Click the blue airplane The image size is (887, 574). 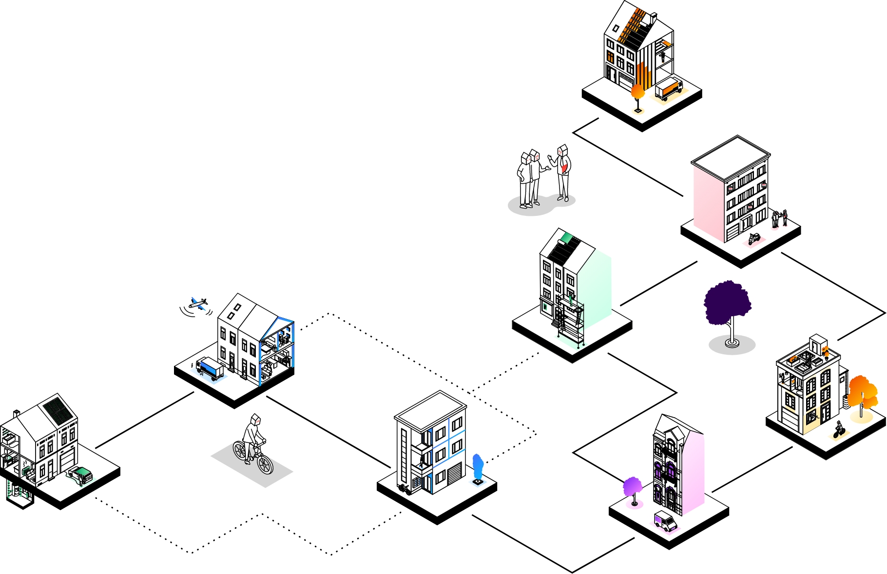[x=198, y=304]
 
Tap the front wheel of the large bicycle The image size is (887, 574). [x=264, y=464]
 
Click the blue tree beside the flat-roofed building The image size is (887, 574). [x=478, y=467]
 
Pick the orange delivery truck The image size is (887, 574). [x=669, y=89]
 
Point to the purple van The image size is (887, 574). [x=665, y=521]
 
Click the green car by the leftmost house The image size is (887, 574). [x=81, y=475]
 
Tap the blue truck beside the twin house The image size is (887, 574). [x=210, y=368]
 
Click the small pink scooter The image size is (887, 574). [x=754, y=238]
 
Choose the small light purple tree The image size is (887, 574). [x=632, y=487]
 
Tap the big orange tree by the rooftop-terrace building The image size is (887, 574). [x=862, y=392]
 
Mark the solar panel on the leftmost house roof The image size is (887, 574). [x=58, y=410]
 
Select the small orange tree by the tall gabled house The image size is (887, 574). [x=637, y=93]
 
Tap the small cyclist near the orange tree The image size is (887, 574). [x=838, y=430]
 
